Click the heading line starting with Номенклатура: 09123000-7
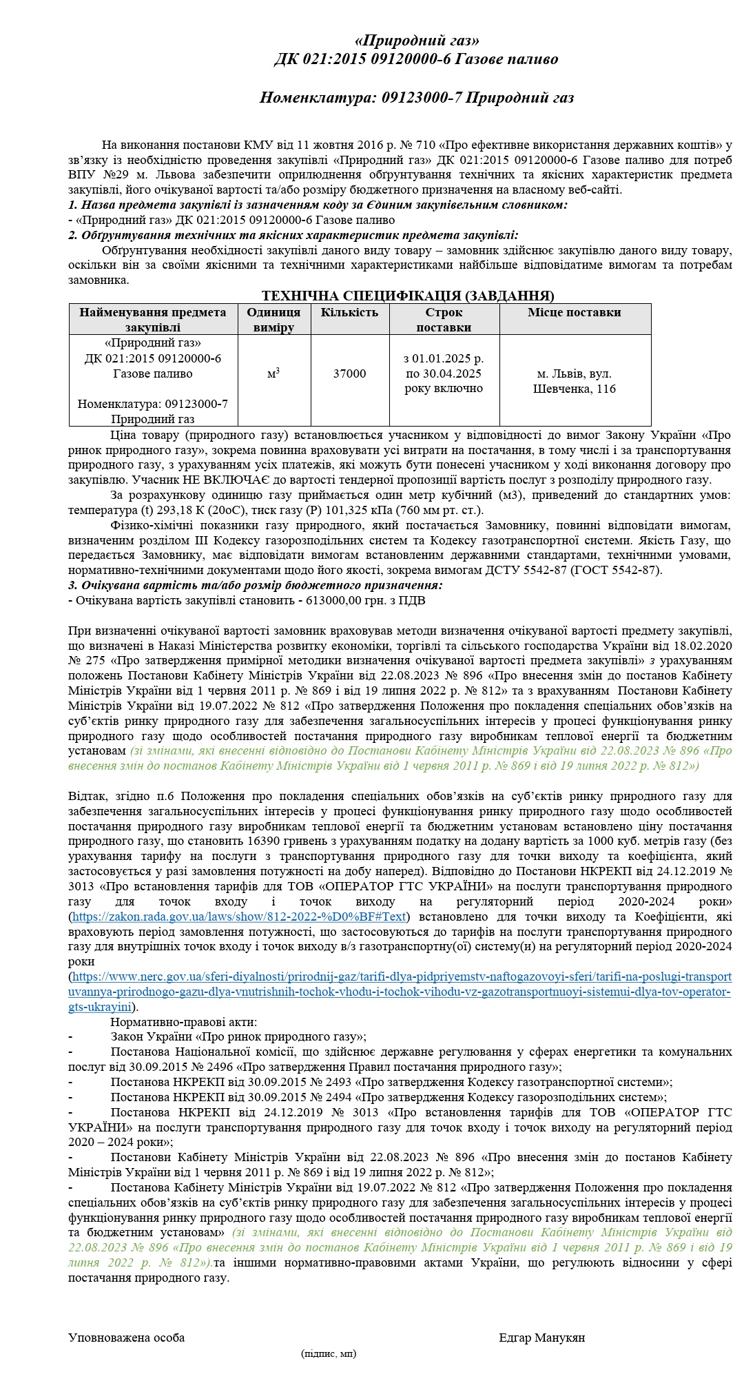pos(416,98)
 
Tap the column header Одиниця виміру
pos(273,320)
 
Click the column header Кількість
pos(349,312)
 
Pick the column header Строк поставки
pos(444,320)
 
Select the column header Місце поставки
pos(575,312)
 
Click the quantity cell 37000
pos(349,373)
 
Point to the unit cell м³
pos(273,373)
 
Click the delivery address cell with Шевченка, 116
pos(575,381)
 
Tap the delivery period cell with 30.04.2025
pos(444,373)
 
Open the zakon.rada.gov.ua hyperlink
pos(239,917)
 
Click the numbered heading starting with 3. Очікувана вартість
pos(255,585)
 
